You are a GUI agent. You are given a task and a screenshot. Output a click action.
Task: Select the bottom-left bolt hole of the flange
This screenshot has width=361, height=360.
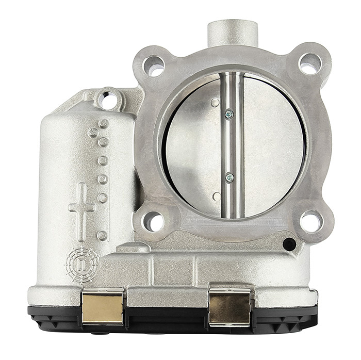[154, 221]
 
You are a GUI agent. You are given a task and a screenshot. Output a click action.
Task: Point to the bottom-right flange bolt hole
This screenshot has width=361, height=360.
[311, 221]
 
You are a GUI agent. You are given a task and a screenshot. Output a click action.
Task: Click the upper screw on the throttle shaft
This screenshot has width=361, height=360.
[229, 114]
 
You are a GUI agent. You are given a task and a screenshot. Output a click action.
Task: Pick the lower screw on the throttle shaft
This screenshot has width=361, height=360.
[229, 177]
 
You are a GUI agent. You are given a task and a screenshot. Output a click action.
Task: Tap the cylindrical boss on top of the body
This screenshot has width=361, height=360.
[232, 32]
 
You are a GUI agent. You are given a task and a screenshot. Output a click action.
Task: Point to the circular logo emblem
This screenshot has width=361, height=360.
[81, 266]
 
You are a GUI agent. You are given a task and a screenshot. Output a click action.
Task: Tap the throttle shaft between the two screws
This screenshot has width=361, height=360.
[230, 146]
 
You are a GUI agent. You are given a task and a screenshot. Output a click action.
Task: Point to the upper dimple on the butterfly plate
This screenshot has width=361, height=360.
[215, 103]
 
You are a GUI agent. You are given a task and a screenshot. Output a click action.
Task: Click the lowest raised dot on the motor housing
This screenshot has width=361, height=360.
[102, 235]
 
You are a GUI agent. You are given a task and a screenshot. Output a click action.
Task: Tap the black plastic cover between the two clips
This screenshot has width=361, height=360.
[166, 314]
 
